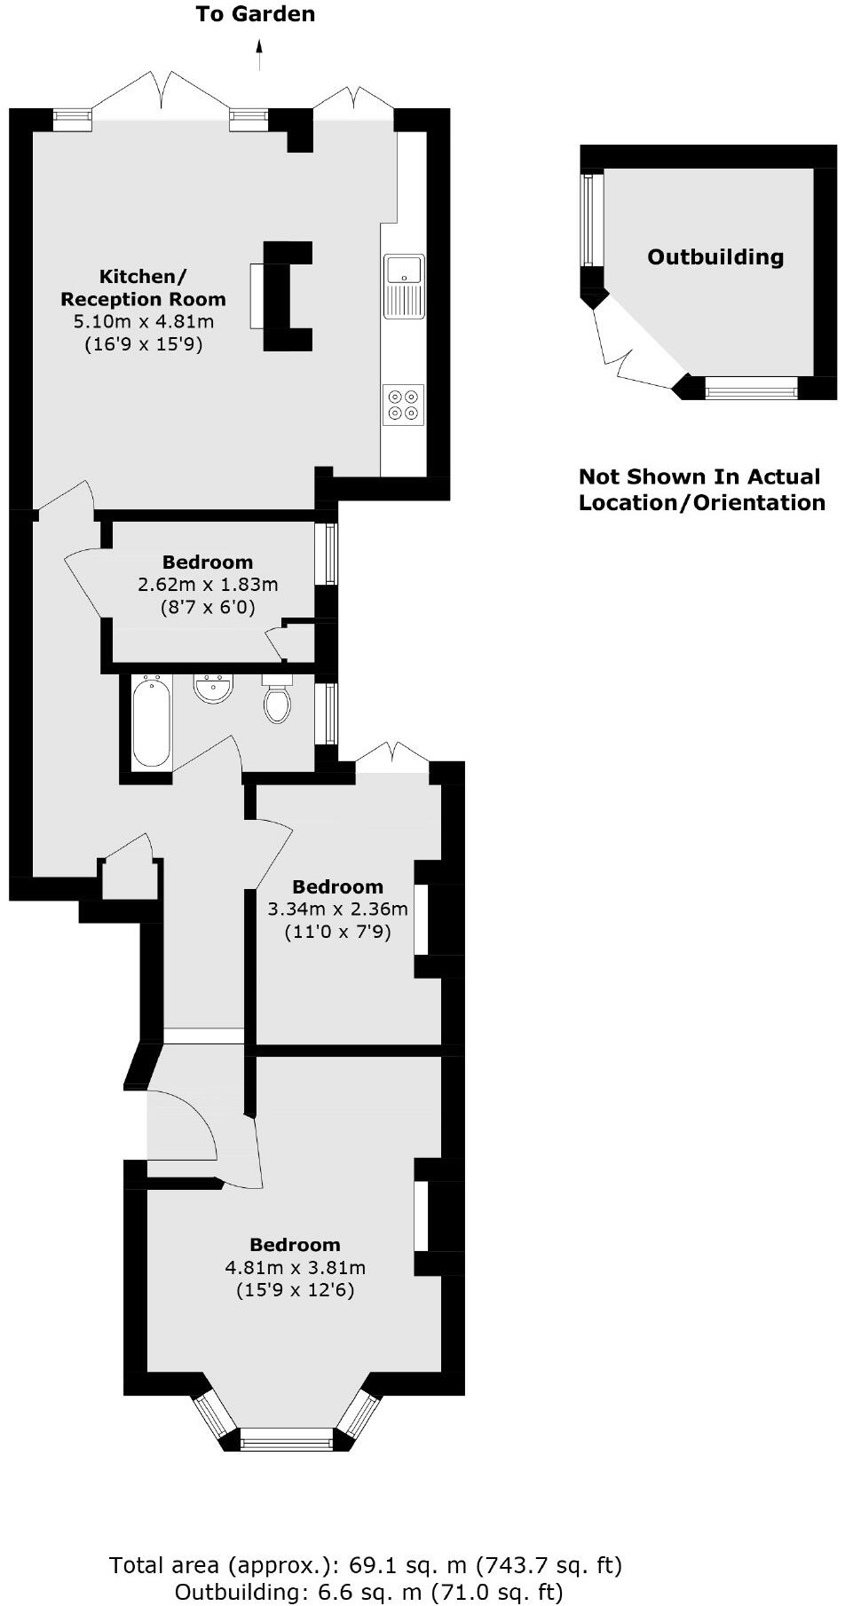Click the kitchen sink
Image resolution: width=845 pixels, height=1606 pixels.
point(404,285)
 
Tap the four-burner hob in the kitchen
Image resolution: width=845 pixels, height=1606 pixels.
point(403,405)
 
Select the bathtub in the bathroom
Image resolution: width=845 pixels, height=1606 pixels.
point(151,720)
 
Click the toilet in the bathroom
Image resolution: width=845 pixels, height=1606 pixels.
point(278,701)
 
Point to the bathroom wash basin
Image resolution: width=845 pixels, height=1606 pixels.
point(213,688)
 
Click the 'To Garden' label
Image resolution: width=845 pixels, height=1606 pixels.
point(256,14)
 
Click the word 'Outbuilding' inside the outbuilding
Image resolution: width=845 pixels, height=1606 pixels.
point(715,257)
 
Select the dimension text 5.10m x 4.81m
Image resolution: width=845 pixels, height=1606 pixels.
point(144,321)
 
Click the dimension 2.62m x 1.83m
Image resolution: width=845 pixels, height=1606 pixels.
point(208,585)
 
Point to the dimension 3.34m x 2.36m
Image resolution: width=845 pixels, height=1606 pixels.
point(337,909)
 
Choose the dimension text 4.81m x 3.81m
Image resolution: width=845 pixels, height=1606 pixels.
point(295,1267)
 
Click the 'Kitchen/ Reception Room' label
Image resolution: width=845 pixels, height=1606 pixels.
point(143,287)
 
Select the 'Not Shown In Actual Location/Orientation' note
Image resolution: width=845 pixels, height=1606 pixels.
point(701,490)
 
